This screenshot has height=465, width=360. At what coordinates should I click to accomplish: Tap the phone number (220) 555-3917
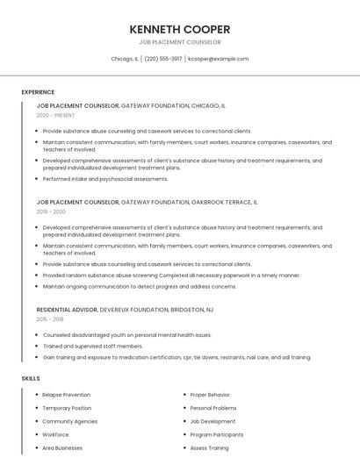click(x=163, y=59)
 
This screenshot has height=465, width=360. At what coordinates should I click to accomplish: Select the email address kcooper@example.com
click(x=219, y=59)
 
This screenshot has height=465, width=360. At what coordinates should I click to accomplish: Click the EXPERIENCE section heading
click(x=38, y=91)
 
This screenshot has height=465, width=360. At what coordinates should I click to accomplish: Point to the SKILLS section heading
click(x=31, y=378)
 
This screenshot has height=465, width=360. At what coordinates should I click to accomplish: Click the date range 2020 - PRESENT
click(x=54, y=115)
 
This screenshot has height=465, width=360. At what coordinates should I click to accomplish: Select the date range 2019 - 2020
click(x=51, y=211)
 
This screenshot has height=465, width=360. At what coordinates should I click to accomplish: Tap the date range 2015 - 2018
click(x=51, y=319)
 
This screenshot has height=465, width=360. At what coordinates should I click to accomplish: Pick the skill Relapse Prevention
click(x=66, y=395)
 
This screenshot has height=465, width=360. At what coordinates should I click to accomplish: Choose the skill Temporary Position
click(x=66, y=408)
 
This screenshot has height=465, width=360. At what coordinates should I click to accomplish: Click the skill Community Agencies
click(x=69, y=421)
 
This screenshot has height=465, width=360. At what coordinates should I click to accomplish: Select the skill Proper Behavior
click(x=211, y=395)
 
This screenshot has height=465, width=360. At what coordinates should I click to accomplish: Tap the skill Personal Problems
click(x=213, y=408)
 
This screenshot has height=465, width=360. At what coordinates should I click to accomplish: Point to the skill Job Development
click(x=212, y=421)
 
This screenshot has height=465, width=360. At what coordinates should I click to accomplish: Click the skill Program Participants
click(x=216, y=434)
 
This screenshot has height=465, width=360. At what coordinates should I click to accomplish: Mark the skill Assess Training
click(x=209, y=447)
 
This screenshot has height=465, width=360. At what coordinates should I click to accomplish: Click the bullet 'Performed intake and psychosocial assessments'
click(x=105, y=179)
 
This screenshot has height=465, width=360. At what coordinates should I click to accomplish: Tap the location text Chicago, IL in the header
click(x=125, y=59)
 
